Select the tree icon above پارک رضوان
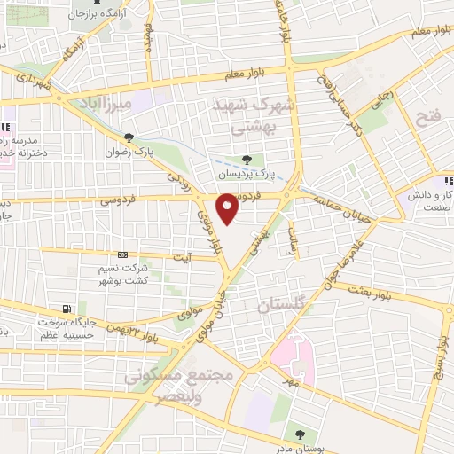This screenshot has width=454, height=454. [130, 137]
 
